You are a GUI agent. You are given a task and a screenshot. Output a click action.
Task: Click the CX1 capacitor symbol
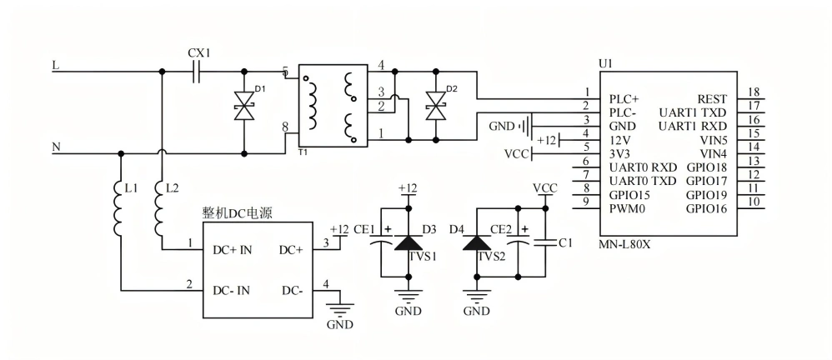coord(196,73)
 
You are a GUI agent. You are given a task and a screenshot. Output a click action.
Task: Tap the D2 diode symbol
coord(434,106)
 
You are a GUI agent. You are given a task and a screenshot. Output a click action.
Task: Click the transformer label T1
coord(302,152)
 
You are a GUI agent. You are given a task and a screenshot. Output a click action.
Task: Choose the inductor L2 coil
coord(160,209)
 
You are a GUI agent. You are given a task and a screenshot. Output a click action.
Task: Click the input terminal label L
coord(56,64)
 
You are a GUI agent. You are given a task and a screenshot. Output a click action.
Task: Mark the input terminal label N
coord(56,147)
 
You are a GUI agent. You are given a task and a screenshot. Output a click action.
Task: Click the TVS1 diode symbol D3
coord(407,242)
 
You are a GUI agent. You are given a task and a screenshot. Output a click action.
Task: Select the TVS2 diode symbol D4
coord(476,242)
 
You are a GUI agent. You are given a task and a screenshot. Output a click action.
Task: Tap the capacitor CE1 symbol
coord(381,242)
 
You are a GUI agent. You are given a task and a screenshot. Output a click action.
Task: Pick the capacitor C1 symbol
coord(545,242)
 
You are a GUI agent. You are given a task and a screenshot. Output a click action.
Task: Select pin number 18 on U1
coord(753,92)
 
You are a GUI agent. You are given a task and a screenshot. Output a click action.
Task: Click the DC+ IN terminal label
coord(233,249)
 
